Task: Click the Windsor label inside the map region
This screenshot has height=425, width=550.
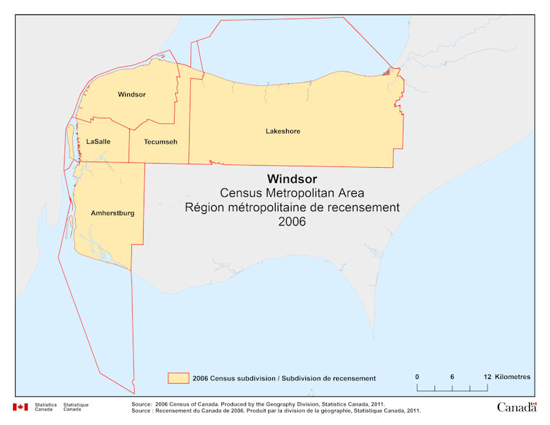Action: click(x=131, y=94)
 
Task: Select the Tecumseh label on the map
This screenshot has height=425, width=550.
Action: click(x=160, y=141)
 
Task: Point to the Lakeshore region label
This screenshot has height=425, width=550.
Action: click(x=283, y=131)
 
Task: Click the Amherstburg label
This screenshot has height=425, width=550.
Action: click(x=112, y=213)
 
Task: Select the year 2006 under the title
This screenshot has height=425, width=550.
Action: click(x=292, y=221)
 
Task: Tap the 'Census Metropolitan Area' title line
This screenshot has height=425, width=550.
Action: click(x=292, y=193)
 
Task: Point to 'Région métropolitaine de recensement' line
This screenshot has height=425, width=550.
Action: click(x=292, y=208)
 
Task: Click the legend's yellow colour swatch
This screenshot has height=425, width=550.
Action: click(x=179, y=378)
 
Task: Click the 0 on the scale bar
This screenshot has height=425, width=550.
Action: click(x=417, y=377)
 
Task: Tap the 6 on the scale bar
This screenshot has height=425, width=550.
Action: click(x=452, y=377)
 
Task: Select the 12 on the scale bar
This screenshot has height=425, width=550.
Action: click(x=487, y=377)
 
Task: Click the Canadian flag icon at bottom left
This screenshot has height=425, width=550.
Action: click(x=20, y=407)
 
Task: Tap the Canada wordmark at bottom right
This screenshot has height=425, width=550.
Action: click(x=516, y=407)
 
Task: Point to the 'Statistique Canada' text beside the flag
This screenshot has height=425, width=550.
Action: click(x=76, y=407)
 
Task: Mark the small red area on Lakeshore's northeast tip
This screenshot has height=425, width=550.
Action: click(x=386, y=71)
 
